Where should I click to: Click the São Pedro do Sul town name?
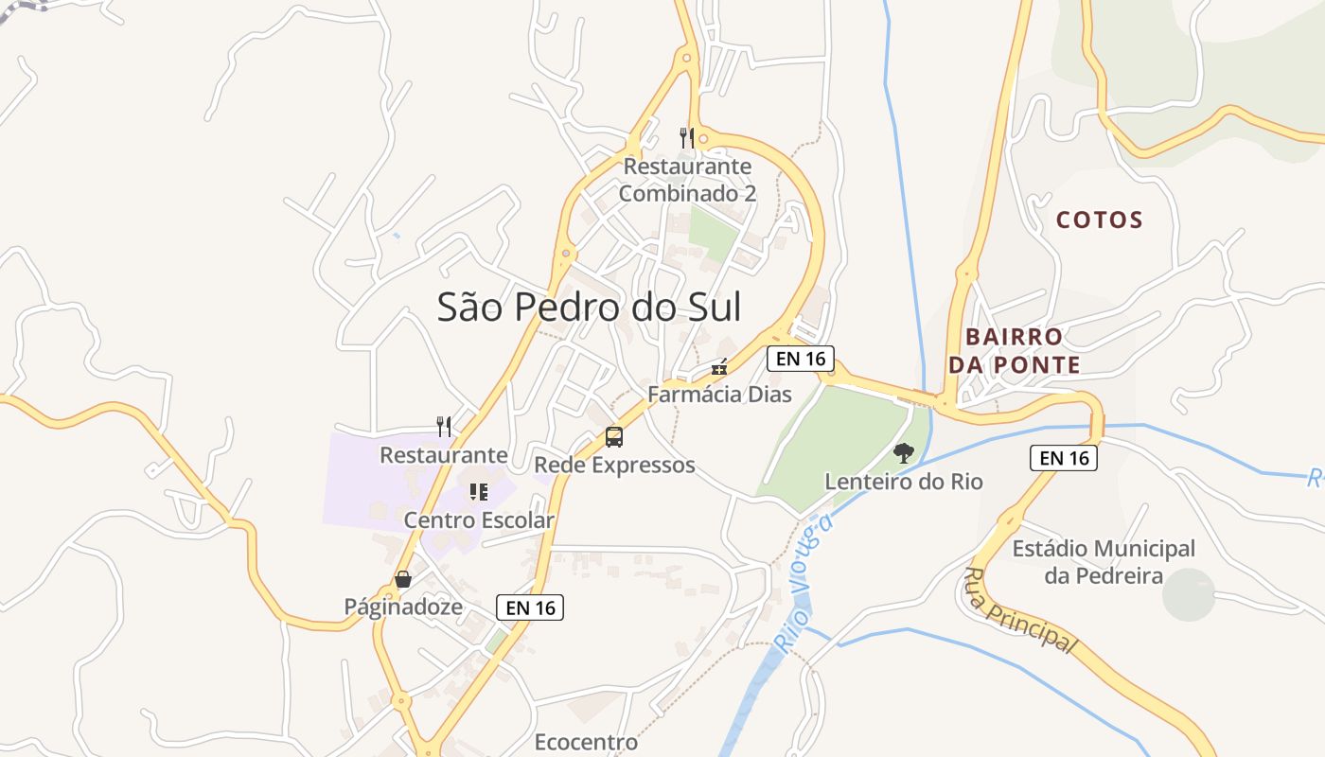point(589,308)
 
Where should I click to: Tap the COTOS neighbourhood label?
point(1100,220)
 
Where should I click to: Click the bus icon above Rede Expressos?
point(614,437)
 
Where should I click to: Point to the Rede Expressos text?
point(614,466)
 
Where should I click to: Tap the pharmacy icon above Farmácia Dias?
point(719,367)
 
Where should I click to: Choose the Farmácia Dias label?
point(719,394)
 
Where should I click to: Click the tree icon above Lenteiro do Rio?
point(904,453)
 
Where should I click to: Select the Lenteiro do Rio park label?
point(904,482)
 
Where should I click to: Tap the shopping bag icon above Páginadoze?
point(403,579)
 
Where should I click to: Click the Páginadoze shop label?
point(403,607)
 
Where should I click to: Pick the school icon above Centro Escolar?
point(479,492)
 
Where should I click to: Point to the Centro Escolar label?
point(479,519)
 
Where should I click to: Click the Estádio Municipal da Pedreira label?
point(1104,562)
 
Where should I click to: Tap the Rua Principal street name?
point(1021,611)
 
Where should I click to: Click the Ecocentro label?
point(586,742)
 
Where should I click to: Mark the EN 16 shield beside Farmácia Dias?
point(800,359)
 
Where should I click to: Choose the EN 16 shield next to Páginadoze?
point(530,607)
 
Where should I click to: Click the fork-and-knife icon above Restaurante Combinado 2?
point(687,138)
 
